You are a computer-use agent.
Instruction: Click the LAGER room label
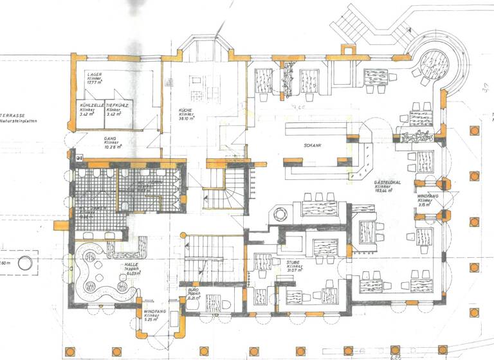tap(95, 75)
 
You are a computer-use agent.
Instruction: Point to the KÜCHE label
tap(187, 110)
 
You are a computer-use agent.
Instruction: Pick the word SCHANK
tap(313, 145)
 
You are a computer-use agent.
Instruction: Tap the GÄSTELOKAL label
tap(388, 183)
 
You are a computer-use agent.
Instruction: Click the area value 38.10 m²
tap(187, 120)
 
